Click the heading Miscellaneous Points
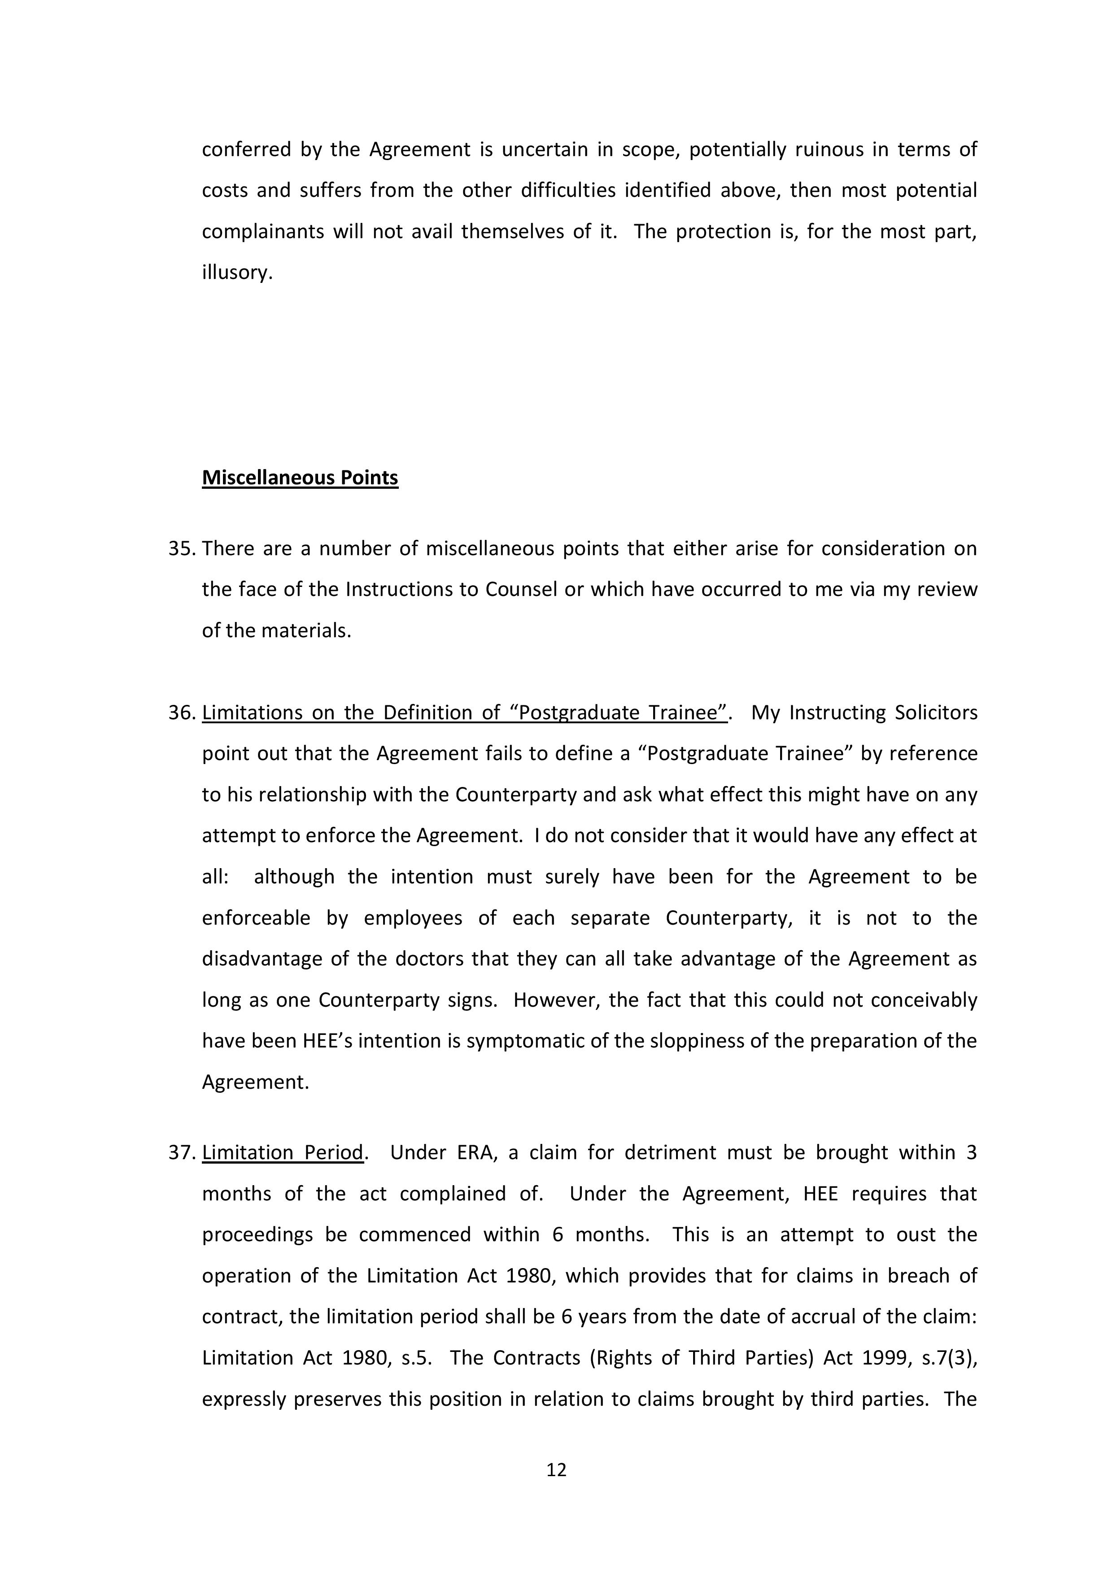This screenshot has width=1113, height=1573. pos(300,478)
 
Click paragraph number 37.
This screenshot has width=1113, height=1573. pos(182,1152)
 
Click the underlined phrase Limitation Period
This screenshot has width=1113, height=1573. pos(282,1152)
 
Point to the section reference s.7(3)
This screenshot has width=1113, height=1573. pos(949,1357)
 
